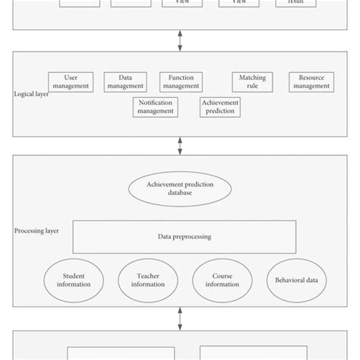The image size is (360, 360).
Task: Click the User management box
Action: pyautogui.click(x=71, y=81)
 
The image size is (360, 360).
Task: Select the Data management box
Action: pyautogui.click(x=125, y=81)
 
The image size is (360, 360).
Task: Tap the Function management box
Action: pyautogui.click(x=181, y=81)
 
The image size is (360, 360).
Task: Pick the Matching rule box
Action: pyautogui.click(x=252, y=81)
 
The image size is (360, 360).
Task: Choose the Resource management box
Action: pyautogui.click(x=311, y=81)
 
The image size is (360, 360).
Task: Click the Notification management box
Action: pyautogui.click(x=155, y=106)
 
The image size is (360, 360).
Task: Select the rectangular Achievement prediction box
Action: pyautogui.click(x=219, y=106)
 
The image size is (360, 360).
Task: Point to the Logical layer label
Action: pyautogui.click(x=31, y=94)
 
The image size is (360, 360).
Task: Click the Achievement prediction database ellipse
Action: pyautogui.click(x=180, y=188)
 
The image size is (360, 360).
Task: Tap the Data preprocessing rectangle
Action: pyautogui.click(x=184, y=236)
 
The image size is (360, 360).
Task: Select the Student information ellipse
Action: pyautogui.click(x=74, y=280)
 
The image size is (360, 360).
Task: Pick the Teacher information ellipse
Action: pyautogui.click(x=147, y=280)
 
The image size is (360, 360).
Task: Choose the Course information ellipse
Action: pyautogui.click(x=221, y=280)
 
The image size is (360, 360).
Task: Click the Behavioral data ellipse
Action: pyautogui.click(x=297, y=280)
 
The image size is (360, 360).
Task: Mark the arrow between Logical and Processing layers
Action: pyautogui.click(x=180, y=145)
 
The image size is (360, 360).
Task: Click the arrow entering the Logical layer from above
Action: pyautogui.click(x=180, y=41)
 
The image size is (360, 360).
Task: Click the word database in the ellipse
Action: pyautogui.click(x=180, y=193)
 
